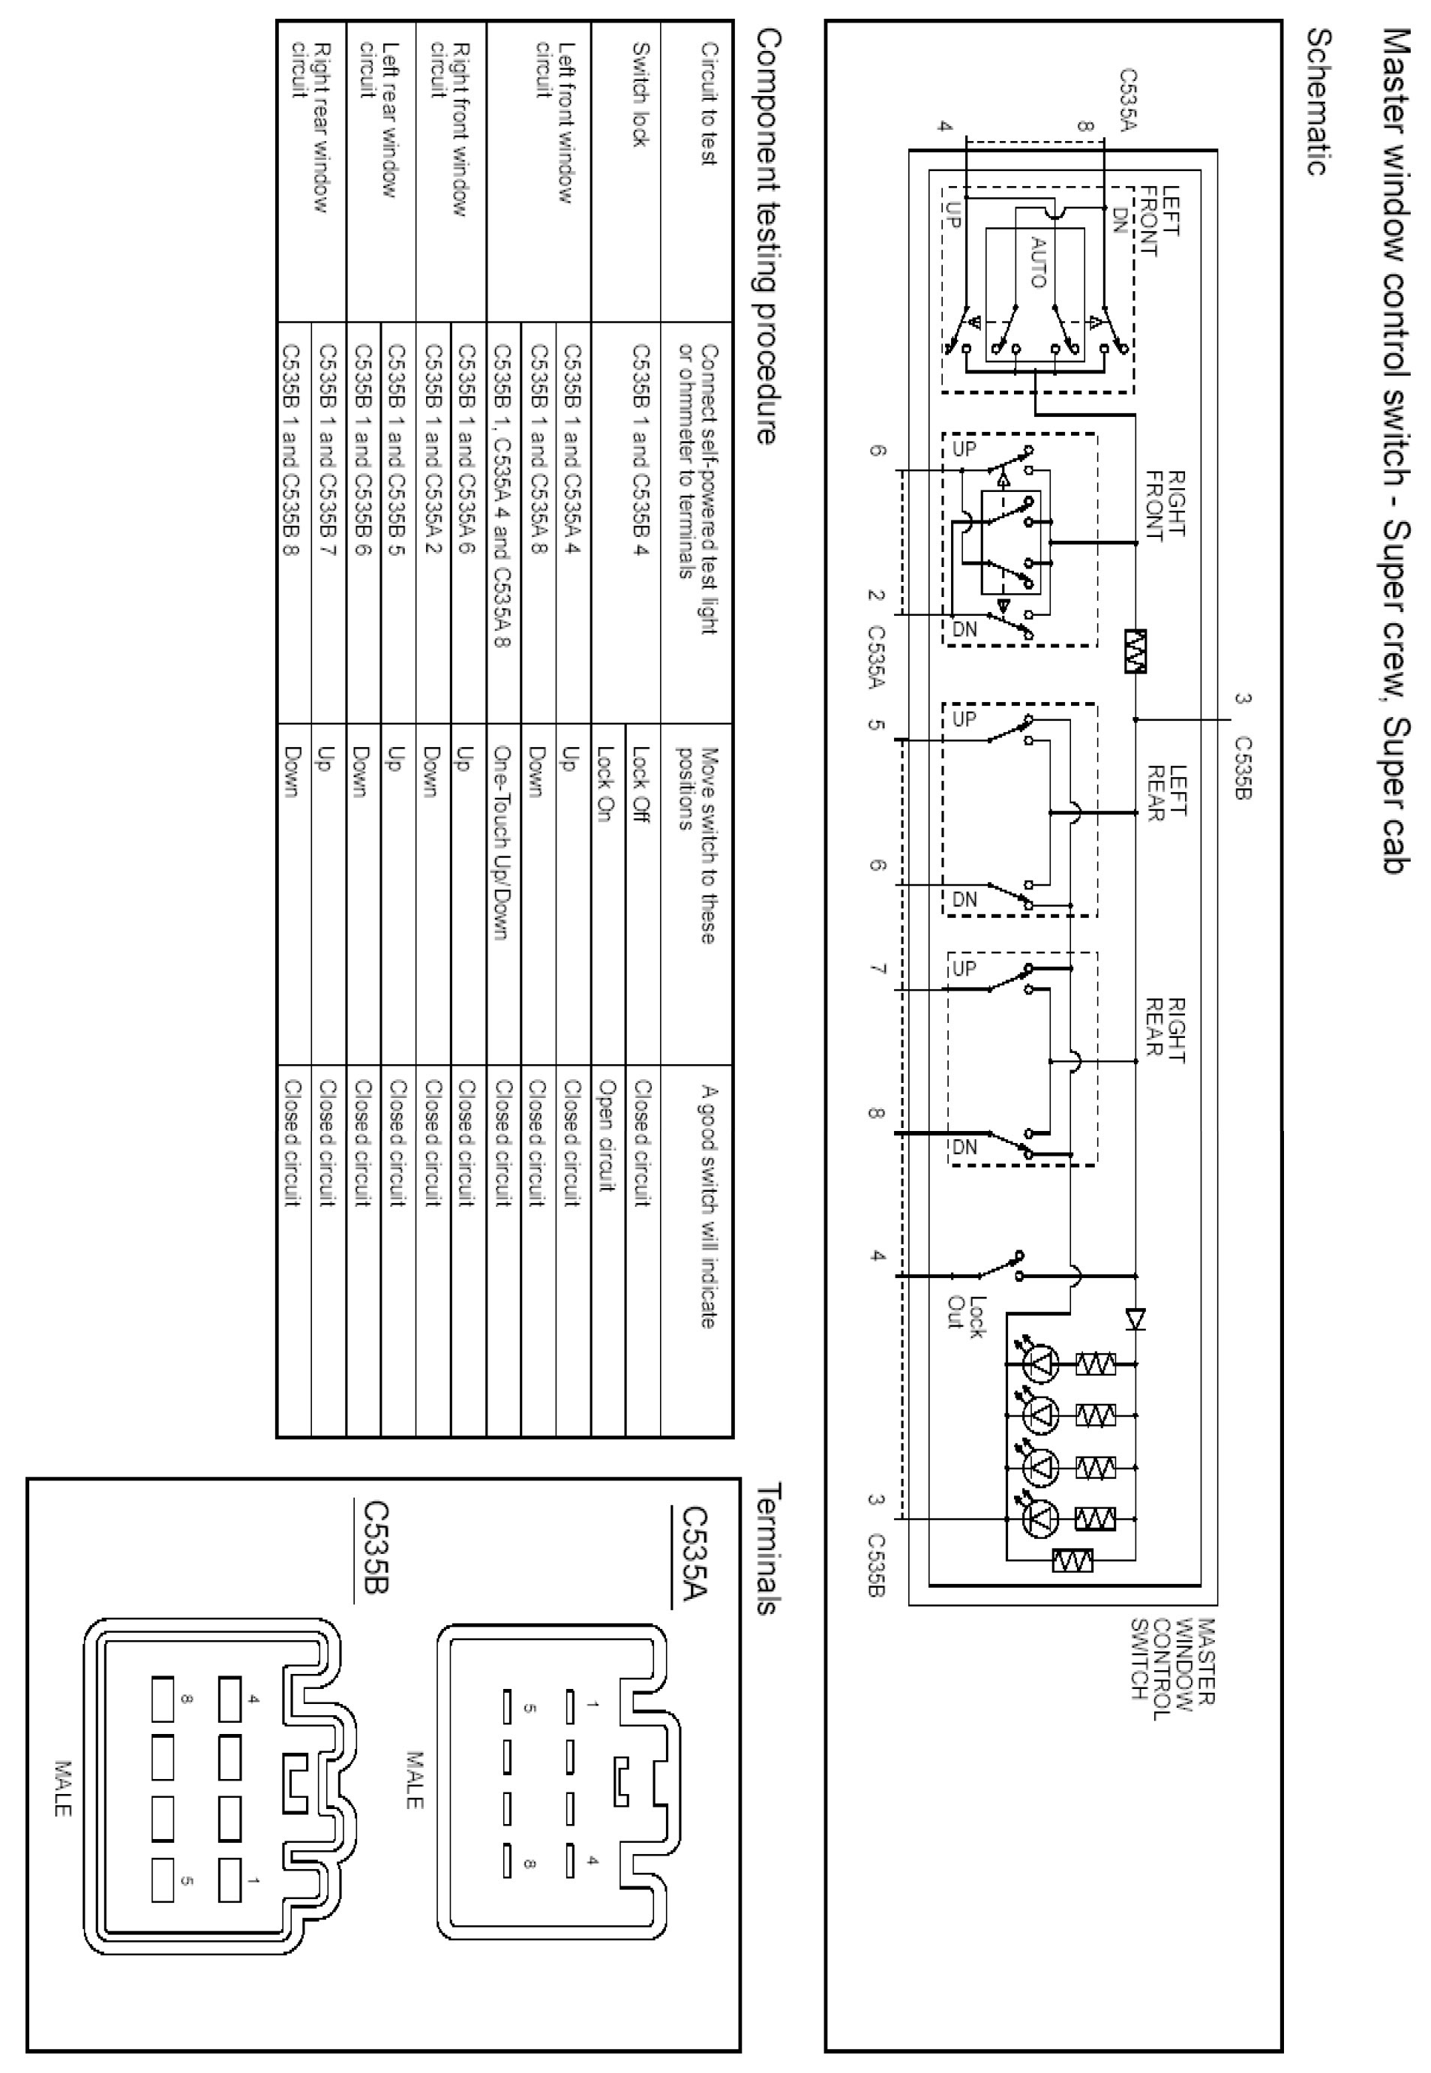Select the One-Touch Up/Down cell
501,843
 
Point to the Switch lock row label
640,106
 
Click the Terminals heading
767,1547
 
